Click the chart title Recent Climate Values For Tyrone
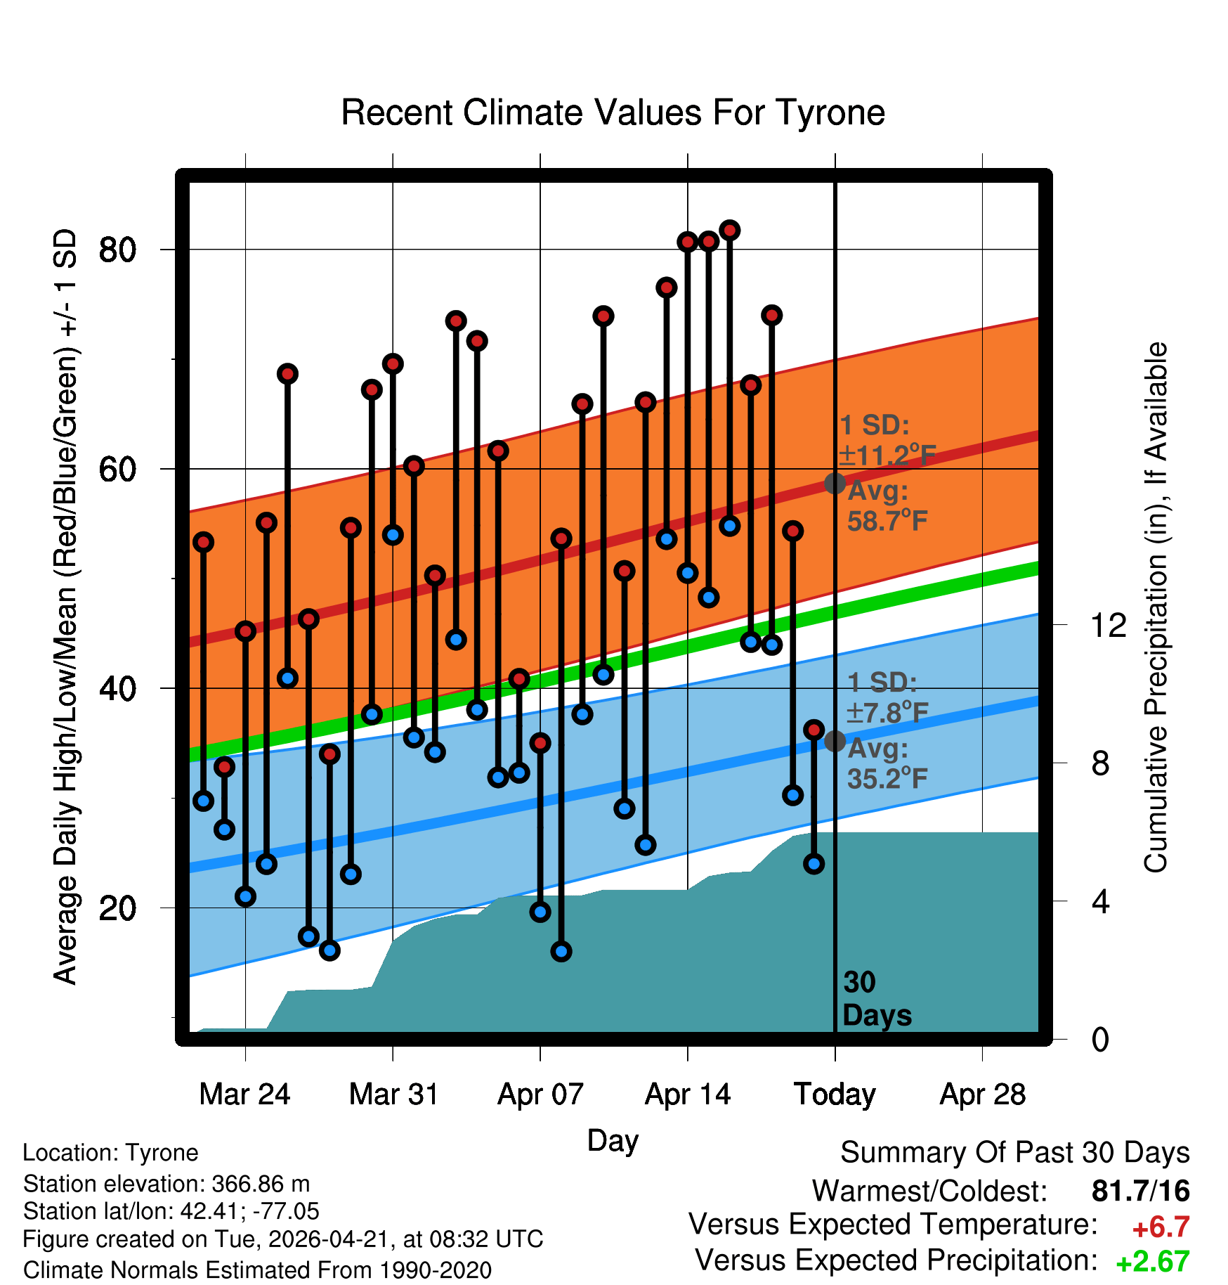tap(613, 112)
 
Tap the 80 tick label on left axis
tap(117, 250)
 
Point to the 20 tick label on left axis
tap(117, 908)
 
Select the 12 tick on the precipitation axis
tap(1108, 625)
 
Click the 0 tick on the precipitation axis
tap(1100, 1039)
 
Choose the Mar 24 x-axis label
tap(244, 1094)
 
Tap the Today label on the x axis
tap(835, 1094)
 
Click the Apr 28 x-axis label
tap(982, 1094)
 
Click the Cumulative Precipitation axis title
tap(1156, 607)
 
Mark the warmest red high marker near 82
tap(730, 231)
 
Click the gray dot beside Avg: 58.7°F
tap(835, 484)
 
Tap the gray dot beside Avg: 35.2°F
tap(835, 741)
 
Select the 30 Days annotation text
tap(877, 999)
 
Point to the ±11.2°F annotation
tap(887, 456)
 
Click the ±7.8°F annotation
tap(887, 713)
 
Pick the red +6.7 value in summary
tap(1161, 1227)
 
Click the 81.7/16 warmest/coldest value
tap(1141, 1191)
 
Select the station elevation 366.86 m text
tap(166, 1184)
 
